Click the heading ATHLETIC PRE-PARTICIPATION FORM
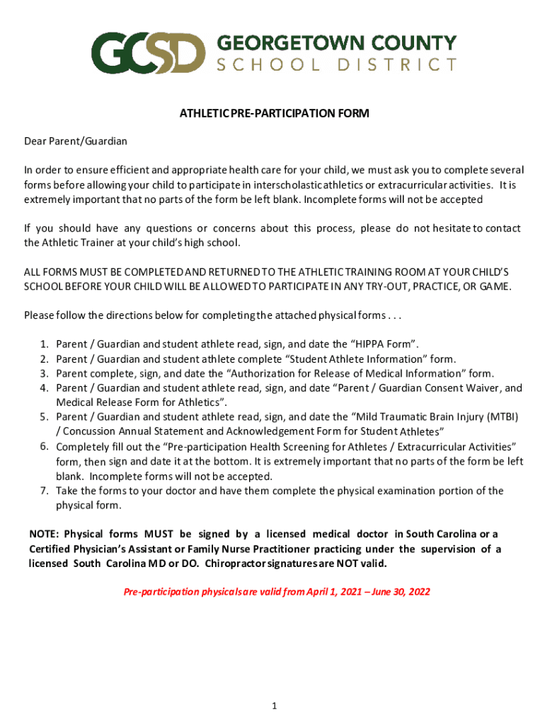coord(274,113)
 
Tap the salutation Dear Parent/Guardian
coord(76,141)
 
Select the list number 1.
coord(44,344)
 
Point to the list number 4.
coord(44,388)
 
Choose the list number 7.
coord(44,491)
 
